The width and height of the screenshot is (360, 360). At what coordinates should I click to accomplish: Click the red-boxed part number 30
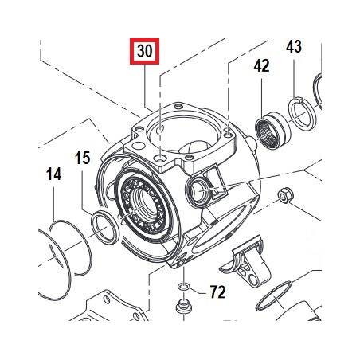pos(144,51)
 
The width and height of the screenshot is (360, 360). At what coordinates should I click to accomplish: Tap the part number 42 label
pos(261,65)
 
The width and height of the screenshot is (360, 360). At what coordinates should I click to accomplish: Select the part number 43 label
pos(294,47)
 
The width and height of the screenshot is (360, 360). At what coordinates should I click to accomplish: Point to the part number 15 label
pos(83,158)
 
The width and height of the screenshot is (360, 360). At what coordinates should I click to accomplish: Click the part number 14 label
pos(54,174)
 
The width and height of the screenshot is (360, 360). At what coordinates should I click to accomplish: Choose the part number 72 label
pos(218,292)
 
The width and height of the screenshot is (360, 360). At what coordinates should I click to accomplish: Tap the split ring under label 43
pos(301,115)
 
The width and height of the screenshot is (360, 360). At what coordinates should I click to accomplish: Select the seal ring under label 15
pos(105,228)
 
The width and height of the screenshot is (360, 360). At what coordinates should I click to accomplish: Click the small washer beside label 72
pos(184,287)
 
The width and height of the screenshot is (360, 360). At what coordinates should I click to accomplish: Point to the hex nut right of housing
pos(285,196)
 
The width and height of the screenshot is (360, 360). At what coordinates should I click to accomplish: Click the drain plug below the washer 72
pos(184,306)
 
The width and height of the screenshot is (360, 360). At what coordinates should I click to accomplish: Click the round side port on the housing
pos(200,190)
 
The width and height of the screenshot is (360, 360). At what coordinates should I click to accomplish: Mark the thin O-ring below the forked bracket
pos(276,296)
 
